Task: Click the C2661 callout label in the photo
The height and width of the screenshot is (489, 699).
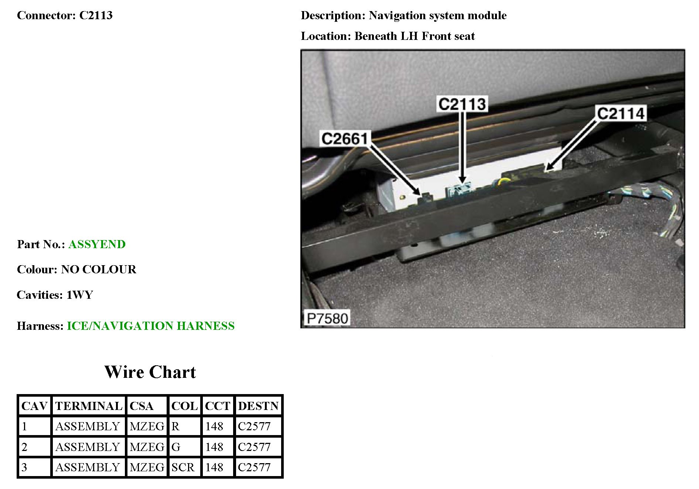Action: point(344,139)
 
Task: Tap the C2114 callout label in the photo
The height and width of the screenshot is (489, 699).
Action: point(620,113)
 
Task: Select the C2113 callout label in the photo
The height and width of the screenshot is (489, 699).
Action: point(462,104)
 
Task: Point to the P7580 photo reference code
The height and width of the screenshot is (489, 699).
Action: point(327,318)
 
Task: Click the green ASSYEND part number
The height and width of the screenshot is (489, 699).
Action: point(97,244)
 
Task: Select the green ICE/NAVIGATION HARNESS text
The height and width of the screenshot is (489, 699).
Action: point(150,326)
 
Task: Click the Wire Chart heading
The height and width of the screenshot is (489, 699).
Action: point(150,372)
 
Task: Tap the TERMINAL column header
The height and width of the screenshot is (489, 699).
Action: point(89,406)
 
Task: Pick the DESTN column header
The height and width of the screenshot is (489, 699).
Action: point(258,406)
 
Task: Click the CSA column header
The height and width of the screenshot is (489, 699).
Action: point(141,406)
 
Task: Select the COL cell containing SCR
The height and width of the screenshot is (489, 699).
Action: point(183,467)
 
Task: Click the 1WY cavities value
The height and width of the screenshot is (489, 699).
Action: point(79,295)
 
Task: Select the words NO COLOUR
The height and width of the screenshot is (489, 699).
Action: point(98,269)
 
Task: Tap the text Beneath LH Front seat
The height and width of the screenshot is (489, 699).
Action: point(415,36)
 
